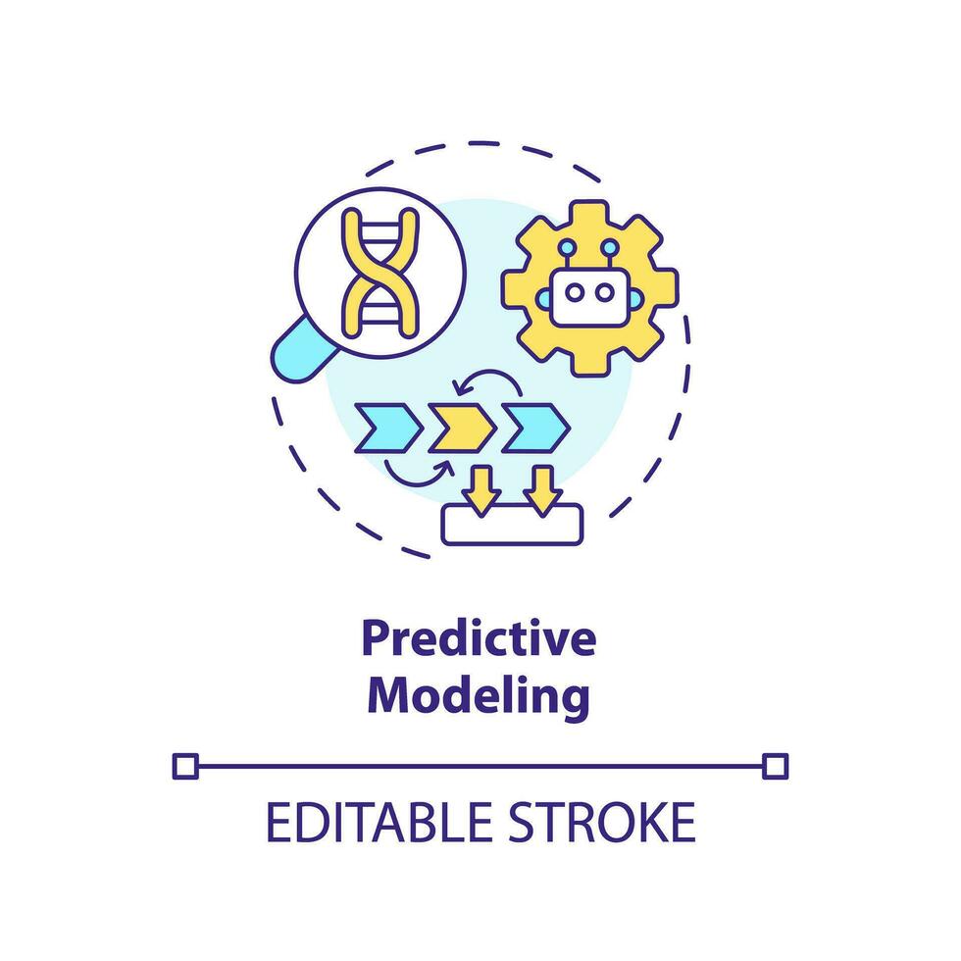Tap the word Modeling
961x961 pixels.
[483, 696]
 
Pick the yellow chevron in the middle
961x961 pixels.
[462, 428]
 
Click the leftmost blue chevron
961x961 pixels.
[388, 428]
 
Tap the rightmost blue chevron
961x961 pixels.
[535, 428]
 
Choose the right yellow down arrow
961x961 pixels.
[542, 487]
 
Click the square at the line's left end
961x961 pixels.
[184, 764]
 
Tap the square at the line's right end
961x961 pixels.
[775, 764]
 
